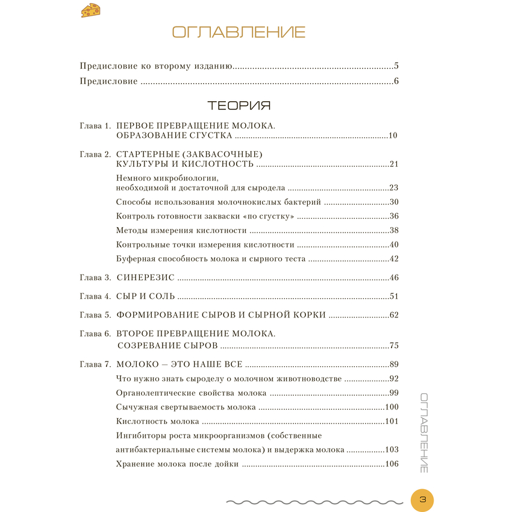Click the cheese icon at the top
pos(91,10)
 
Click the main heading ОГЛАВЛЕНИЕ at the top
pos(239,33)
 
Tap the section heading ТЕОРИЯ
pos(239,106)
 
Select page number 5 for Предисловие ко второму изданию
pos(396,66)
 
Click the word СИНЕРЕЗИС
pos(145,278)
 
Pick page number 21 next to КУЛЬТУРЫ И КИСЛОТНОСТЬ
pos(395,164)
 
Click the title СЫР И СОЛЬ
pos(145,296)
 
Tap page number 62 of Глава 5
pos(395,315)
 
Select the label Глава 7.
pos(95,364)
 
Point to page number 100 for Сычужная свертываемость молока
pos(392,407)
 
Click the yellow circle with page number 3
pos(422,499)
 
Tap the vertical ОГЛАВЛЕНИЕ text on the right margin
pos(423,432)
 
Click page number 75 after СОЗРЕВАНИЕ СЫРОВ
pos(395,346)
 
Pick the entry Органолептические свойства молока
pos(191,393)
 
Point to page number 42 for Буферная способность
pos(395,259)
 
